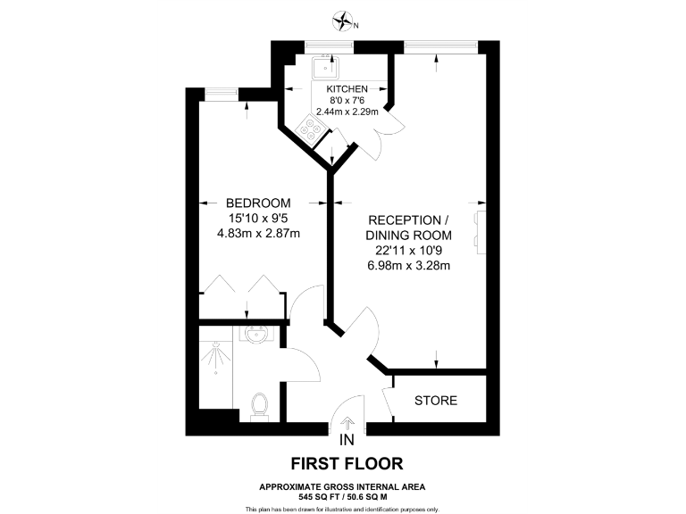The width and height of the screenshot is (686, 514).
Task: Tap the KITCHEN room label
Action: click(347, 89)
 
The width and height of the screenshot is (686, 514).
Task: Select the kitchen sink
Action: click(323, 66)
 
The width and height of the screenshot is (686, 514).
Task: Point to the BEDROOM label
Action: click(258, 203)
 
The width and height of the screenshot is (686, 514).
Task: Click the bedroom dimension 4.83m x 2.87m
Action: click(258, 234)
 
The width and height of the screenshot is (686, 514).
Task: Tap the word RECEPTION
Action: click(405, 220)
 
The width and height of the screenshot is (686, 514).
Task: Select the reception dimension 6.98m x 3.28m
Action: click(407, 265)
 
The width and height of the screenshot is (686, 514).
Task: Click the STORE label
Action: click(436, 401)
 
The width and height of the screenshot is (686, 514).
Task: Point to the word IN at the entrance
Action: click(347, 440)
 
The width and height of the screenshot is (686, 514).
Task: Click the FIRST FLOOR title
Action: click(347, 463)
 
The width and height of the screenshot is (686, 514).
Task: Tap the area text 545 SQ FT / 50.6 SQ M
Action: click(342, 496)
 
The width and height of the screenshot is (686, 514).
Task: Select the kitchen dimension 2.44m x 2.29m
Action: click(347, 112)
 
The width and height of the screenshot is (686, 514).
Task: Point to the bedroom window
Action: click(223, 90)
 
